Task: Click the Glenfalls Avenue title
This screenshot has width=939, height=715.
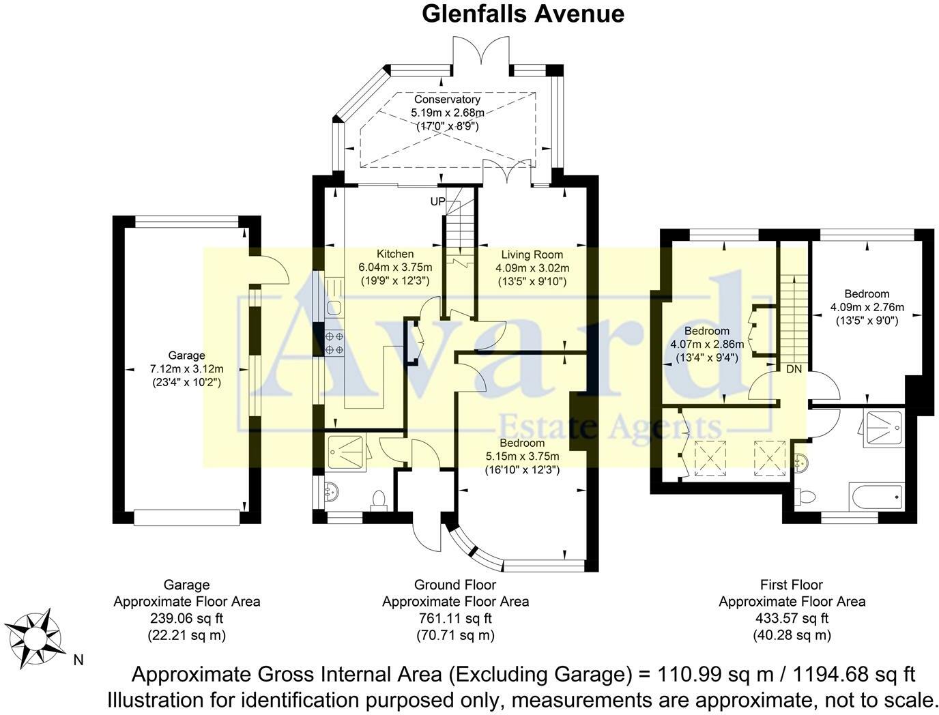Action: (x=523, y=14)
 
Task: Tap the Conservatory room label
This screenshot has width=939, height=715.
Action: (x=447, y=100)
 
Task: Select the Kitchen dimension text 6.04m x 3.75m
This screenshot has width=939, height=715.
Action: (x=396, y=267)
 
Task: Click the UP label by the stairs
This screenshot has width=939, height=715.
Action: (x=437, y=201)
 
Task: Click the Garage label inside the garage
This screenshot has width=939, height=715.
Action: (x=186, y=355)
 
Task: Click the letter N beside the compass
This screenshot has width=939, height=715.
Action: (x=78, y=660)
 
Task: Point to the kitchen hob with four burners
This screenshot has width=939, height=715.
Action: (x=334, y=342)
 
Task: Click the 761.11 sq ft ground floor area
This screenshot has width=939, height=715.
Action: (x=455, y=619)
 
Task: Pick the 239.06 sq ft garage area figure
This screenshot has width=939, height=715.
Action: (x=186, y=619)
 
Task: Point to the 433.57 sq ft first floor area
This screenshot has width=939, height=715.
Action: (x=792, y=619)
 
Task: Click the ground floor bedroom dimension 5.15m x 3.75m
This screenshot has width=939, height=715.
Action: (x=522, y=456)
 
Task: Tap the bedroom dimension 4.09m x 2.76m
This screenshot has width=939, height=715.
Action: (x=867, y=307)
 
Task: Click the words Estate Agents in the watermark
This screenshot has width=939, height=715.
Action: (x=609, y=426)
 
